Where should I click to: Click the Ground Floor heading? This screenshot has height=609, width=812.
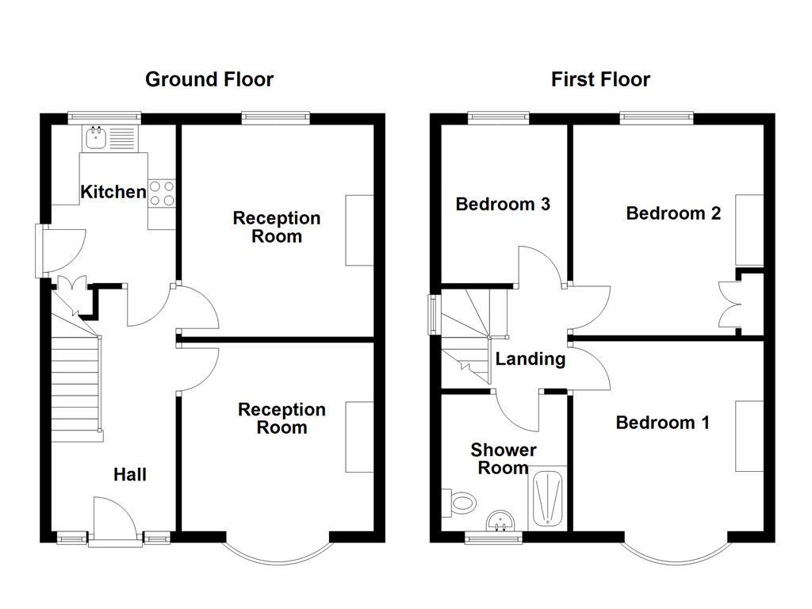click(209, 79)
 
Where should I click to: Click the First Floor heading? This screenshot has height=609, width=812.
click(600, 79)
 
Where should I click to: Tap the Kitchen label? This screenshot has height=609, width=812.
click(113, 192)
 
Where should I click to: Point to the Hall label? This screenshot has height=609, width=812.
click(129, 475)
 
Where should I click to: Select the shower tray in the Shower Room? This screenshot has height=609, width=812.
click(548, 499)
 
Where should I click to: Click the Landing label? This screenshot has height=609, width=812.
click(530, 359)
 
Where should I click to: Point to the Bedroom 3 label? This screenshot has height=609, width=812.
click(503, 205)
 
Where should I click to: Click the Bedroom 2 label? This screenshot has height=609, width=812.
click(672, 213)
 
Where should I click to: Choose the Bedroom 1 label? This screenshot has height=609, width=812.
click(662, 423)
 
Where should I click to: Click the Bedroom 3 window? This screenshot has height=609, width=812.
click(499, 118)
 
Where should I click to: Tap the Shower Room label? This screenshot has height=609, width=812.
click(504, 459)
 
